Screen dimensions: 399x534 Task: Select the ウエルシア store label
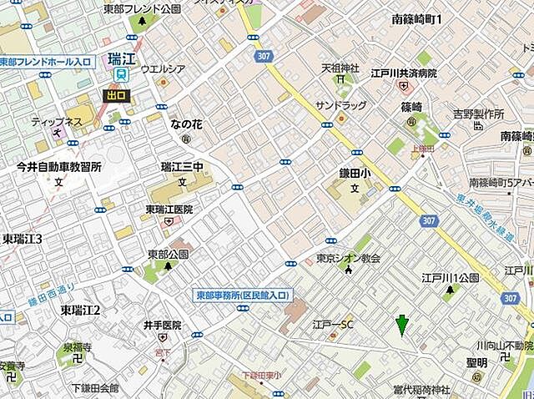pyautogui.click(x=163, y=69)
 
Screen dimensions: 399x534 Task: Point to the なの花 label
pyautogui.click(x=188, y=124)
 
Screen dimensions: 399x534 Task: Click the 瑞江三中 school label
pyautogui.click(x=182, y=167)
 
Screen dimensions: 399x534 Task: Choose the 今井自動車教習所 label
pyautogui.click(x=59, y=167)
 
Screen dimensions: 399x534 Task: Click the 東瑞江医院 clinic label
pyautogui.click(x=169, y=209)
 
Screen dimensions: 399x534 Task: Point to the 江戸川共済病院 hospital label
pyautogui.click(x=406, y=73)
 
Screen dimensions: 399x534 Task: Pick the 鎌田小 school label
pyautogui.click(x=354, y=171)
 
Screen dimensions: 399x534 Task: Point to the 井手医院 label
pyautogui.click(x=162, y=324)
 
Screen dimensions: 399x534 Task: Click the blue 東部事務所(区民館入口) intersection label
pyautogui.click(x=242, y=295)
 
